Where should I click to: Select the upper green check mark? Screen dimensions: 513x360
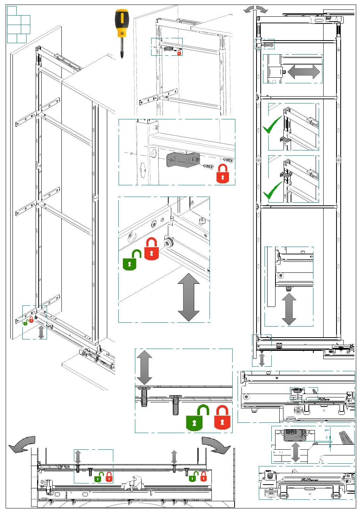(272, 126)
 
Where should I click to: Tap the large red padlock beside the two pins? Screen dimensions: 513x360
(222, 418)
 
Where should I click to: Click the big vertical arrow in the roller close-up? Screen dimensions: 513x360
(188, 297)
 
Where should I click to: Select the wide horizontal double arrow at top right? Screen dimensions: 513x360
(304, 72)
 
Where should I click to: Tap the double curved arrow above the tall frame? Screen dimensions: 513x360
(255, 10)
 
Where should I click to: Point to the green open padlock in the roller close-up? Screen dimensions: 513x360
(131, 260)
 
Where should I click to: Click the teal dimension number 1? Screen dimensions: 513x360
(326, 431)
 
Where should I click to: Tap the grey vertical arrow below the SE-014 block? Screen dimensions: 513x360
(296, 452)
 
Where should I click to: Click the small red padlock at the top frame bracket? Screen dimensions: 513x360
(179, 52)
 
